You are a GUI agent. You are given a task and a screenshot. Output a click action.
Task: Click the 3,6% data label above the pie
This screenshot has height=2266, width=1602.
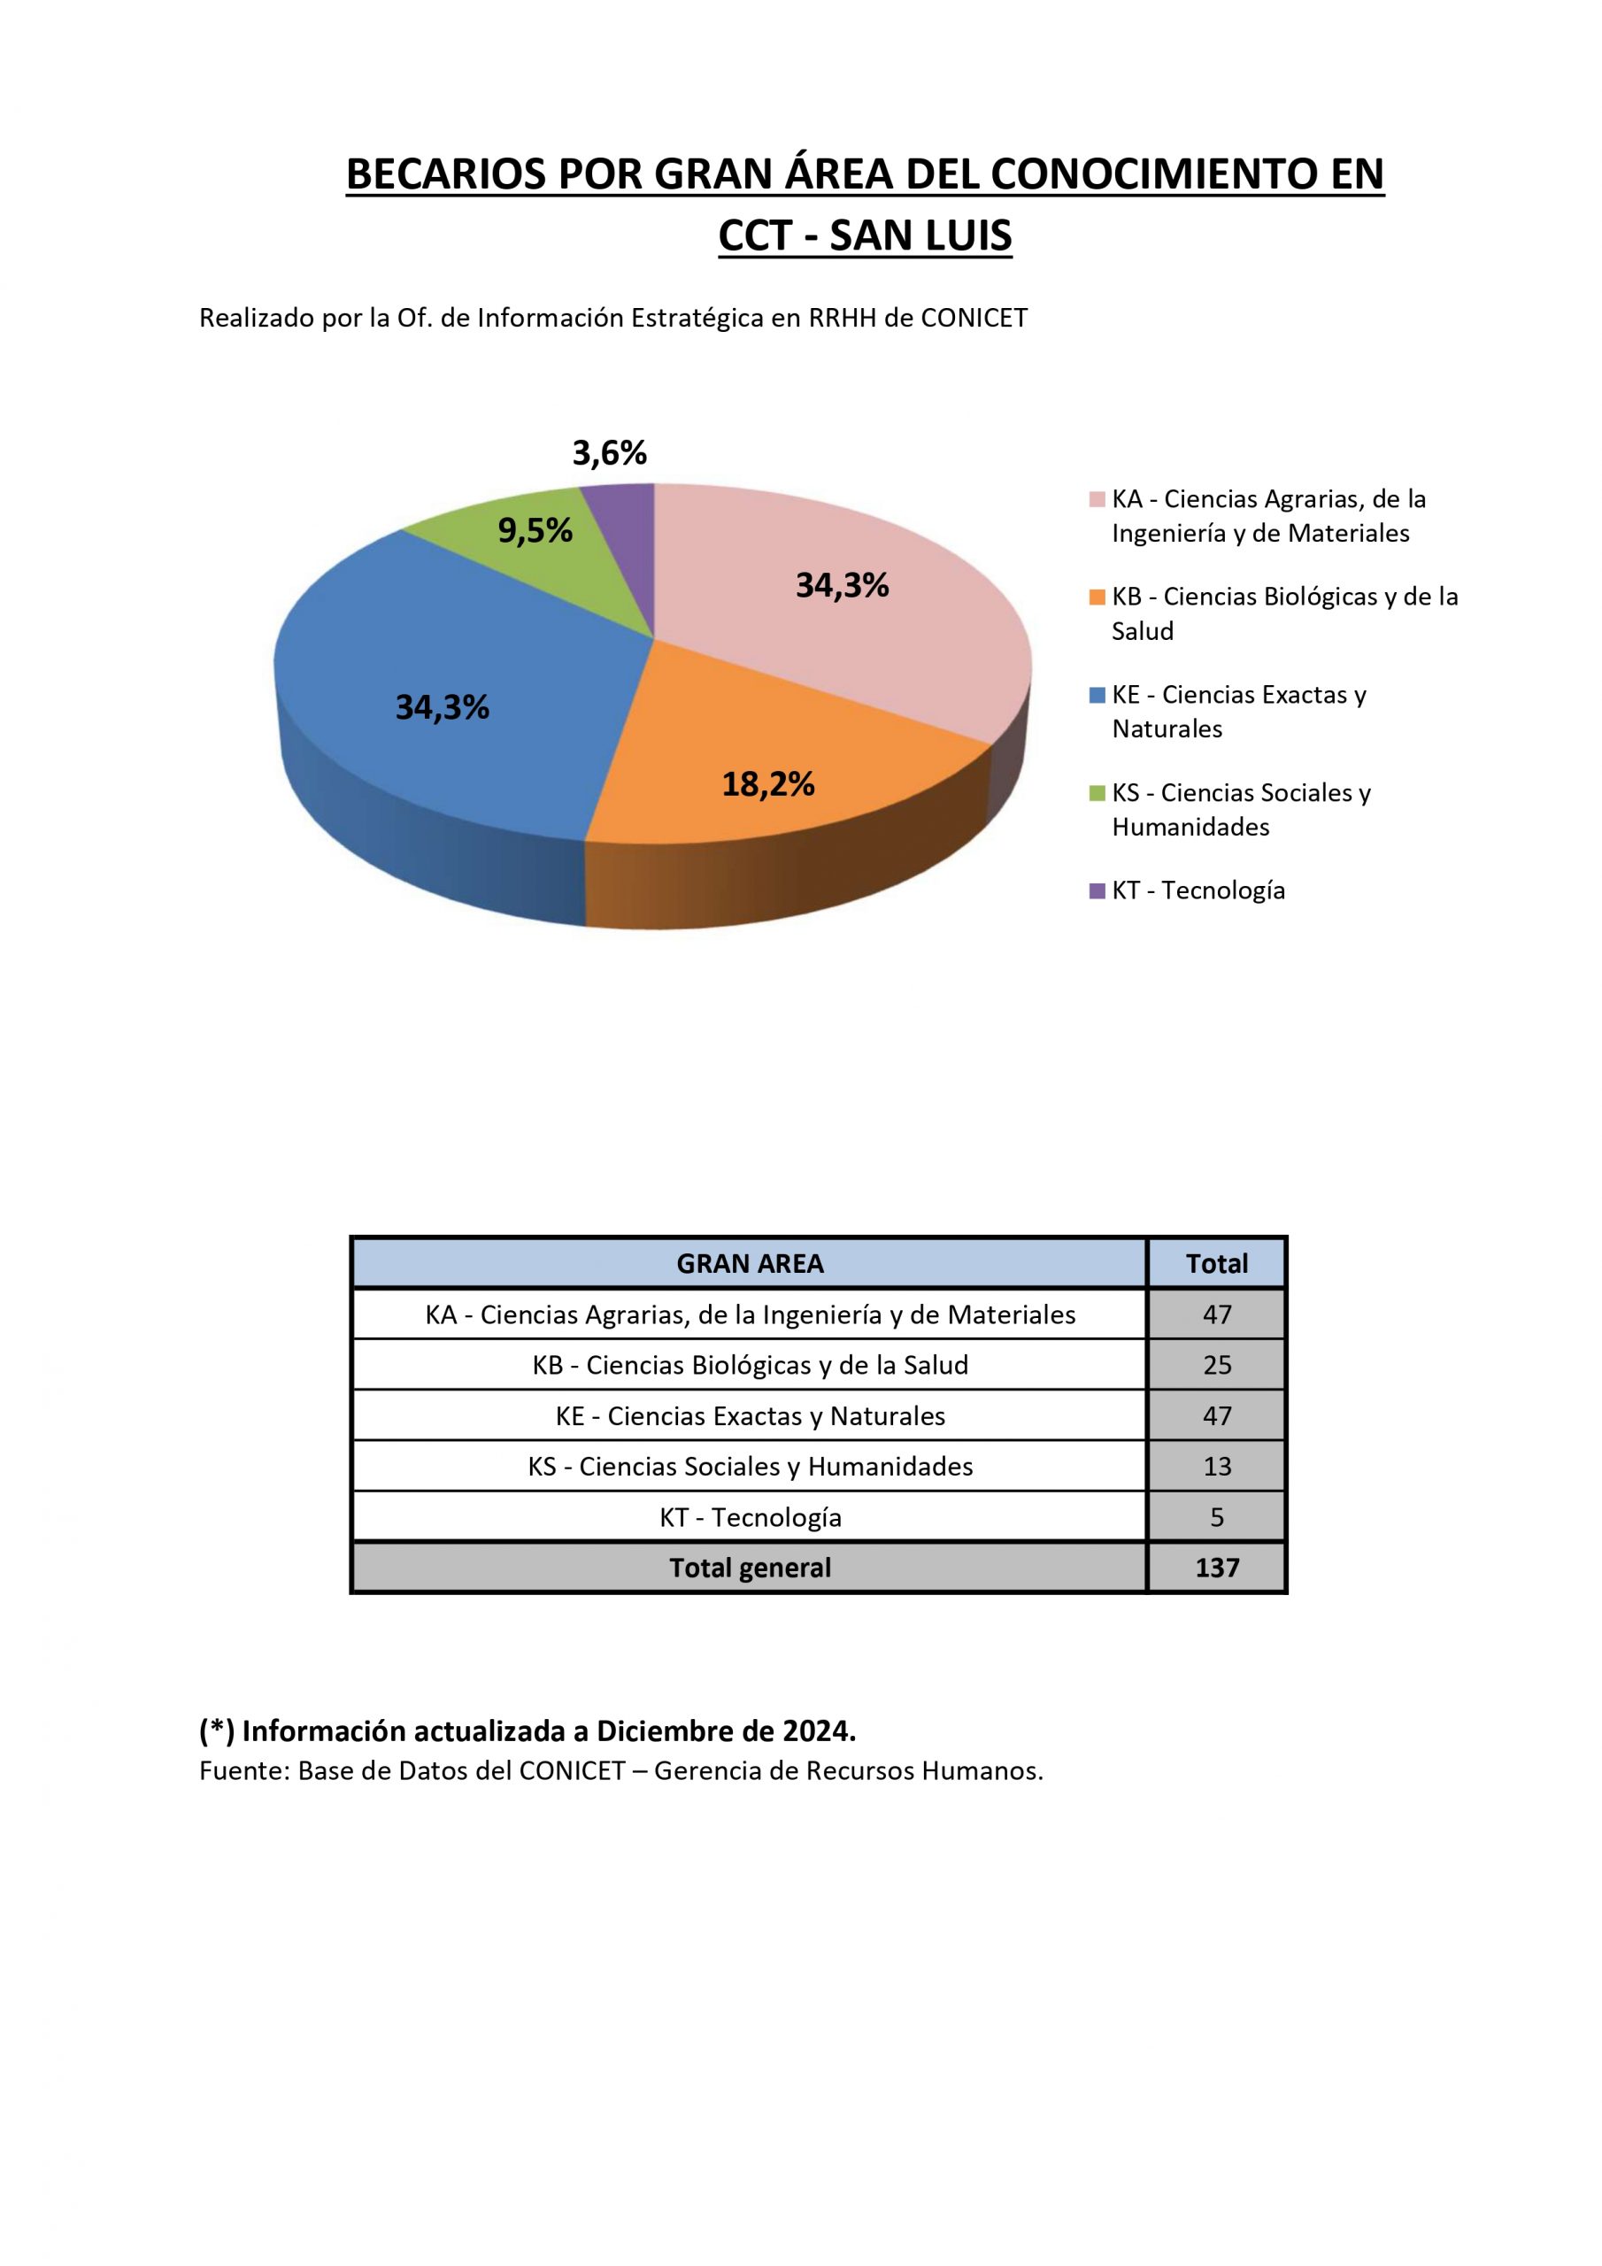tap(609, 453)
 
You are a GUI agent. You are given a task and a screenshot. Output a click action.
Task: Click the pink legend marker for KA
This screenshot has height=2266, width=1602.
tap(1097, 499)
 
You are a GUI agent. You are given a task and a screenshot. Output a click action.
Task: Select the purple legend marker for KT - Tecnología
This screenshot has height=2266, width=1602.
tap(1097, 891)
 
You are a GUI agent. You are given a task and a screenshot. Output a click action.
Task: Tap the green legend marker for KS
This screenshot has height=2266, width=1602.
tap(1097, 793)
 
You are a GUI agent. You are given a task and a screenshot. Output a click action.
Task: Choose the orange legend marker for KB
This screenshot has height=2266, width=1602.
tap(1097, 597)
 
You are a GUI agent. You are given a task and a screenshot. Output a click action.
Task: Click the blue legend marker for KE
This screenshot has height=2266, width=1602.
tap(1097, 695)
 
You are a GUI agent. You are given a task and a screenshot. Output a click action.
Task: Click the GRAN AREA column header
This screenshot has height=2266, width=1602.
tap(749, 1263)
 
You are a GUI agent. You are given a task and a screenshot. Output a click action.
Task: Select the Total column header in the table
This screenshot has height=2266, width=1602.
tap(1216, 1263)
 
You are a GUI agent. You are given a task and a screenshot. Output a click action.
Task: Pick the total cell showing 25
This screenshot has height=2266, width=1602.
tap(1216, 1365)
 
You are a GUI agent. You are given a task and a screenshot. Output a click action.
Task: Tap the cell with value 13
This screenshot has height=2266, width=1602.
tap(1216, 1467)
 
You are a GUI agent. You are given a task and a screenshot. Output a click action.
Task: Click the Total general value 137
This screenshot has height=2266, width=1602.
tap(1216, 1568)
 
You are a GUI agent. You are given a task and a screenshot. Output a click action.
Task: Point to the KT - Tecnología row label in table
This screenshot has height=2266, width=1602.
tap(751, 1518)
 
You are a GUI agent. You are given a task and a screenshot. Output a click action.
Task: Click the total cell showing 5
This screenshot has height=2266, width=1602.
tap(1216, 1518)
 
